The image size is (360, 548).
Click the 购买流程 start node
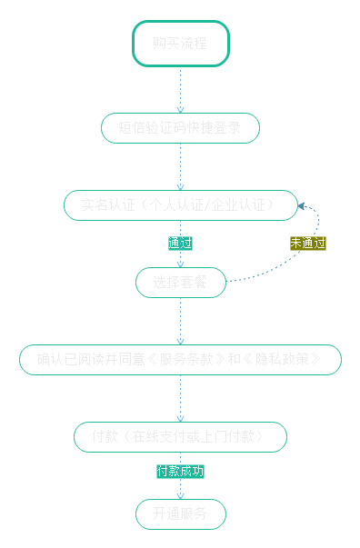(x=180, y=44)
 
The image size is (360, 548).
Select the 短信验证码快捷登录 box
(x=180, y=128)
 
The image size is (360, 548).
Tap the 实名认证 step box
(x=180, y=205)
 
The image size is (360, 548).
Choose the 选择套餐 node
(x=180, y=283)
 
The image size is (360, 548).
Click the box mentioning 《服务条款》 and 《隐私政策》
(x=180, y=360)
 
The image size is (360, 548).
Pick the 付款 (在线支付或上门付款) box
(x=180, y=437)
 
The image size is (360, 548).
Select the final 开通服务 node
(x=180, y=514)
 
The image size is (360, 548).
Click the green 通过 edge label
(x=180, y=244)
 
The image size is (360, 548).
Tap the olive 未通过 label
(x=307, y=244)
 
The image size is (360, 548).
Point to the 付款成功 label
(x=180, y=472)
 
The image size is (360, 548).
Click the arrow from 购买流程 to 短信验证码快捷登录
(x=180, y=89)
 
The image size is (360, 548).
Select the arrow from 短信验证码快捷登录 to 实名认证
(x=180, y=166)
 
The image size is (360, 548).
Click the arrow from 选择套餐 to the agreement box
(x=180, y=321)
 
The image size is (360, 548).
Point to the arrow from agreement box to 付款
(x=180, y=398)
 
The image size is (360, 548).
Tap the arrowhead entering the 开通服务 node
(x=180, y=495)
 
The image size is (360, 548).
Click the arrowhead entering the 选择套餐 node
(x=180, y=264)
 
